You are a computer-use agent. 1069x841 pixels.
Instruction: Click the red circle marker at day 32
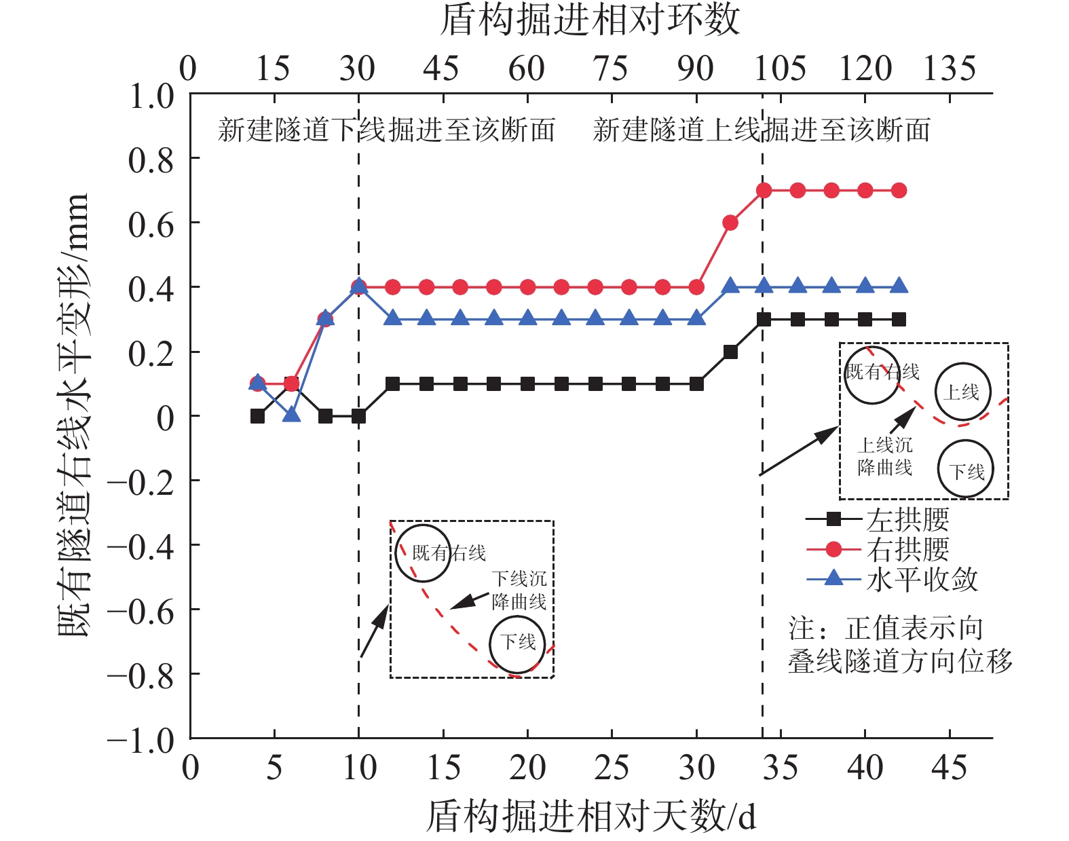[730, 223]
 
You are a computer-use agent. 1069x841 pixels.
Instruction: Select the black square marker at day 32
[730, 352]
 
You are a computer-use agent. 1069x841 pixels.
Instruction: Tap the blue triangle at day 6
[291, 414]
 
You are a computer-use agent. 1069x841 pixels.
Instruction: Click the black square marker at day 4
[257, 416]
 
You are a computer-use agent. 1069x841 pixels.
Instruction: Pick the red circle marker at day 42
[899, 191]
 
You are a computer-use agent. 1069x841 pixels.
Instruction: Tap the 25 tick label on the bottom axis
[612, 768]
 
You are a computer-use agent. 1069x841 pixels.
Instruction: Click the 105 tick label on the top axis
[780, 69]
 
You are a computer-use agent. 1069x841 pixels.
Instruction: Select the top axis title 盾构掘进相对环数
[590, 20]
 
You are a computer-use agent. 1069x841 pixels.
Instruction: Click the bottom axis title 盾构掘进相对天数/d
[590, 815]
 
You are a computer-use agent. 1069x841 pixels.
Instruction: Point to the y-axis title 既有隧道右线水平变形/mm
[73, 415]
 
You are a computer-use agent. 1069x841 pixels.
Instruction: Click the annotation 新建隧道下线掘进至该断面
[386, 130]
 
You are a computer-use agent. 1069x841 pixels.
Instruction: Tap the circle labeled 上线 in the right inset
[962, 392]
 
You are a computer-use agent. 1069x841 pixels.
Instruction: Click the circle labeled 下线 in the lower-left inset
[517, 642]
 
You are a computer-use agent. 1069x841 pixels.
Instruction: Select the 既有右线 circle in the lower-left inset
[423, 553]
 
